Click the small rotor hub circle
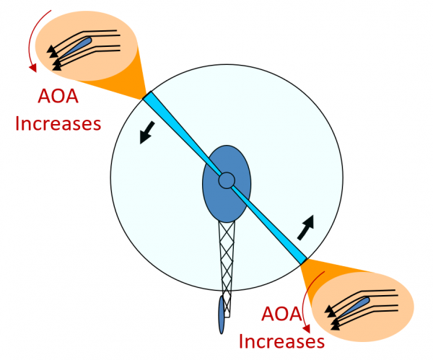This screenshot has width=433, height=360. [x=227, y=180]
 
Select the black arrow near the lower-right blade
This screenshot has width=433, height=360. [x=306, y=227]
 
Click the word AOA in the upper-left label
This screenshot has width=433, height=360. [x=57, y=99]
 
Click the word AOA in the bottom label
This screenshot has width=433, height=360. [x=281, y=315]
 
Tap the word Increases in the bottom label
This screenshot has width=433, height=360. [x=281, y=340]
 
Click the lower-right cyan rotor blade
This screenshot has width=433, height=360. [x=274, y=227]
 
